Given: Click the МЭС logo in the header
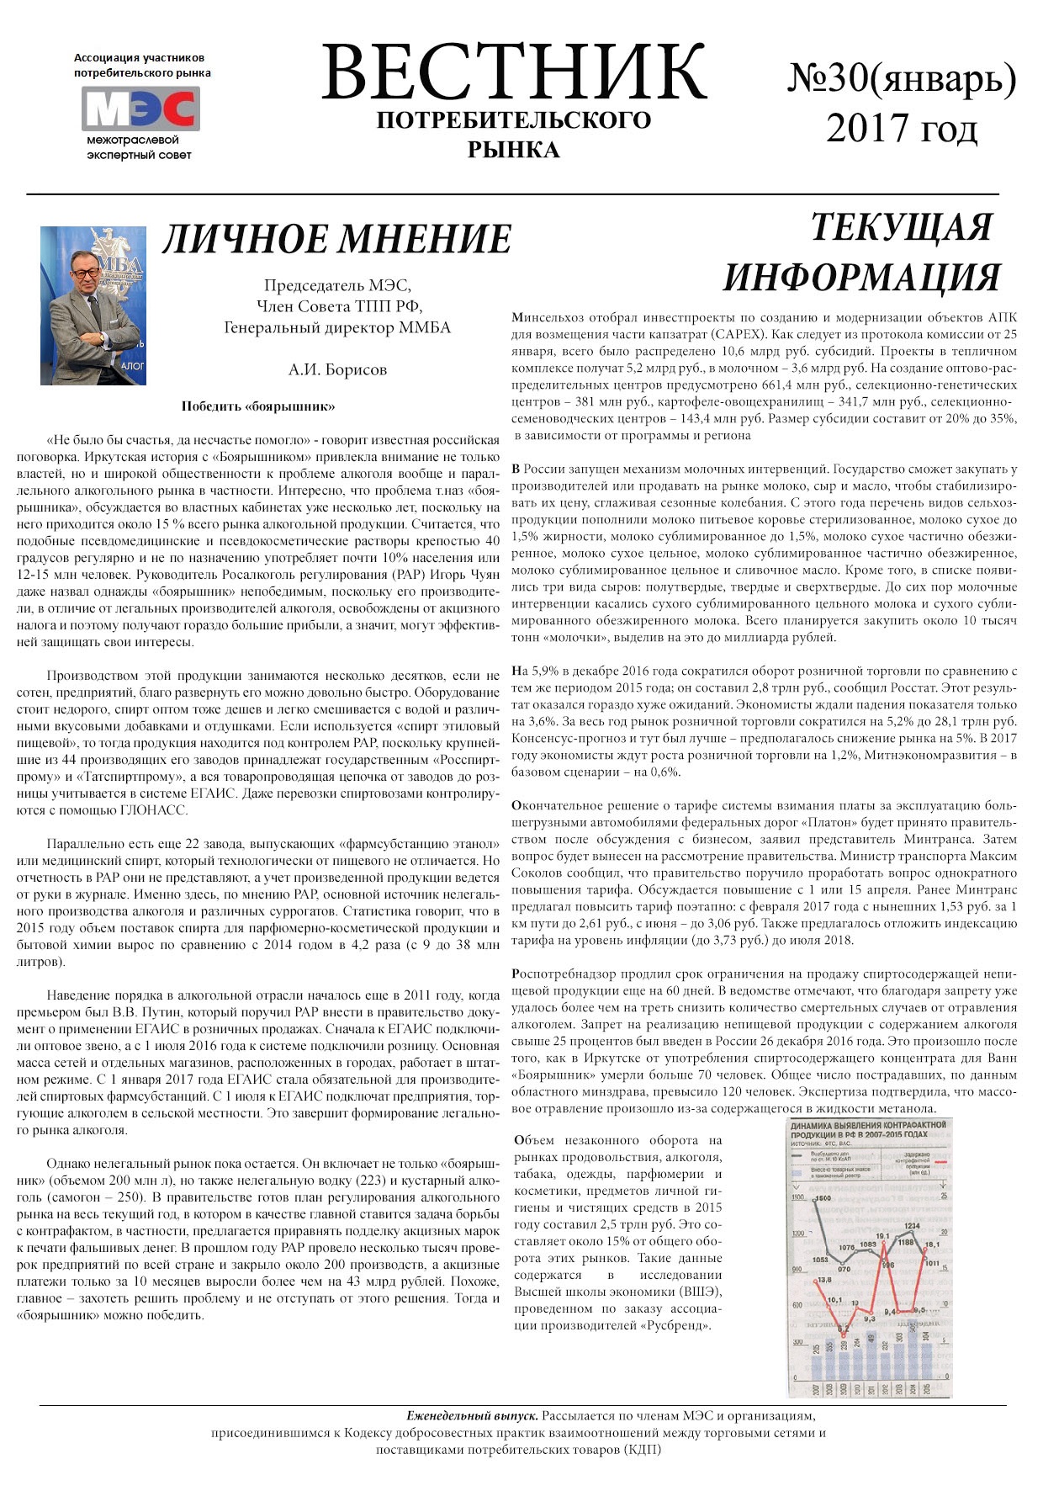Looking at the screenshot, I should click(x=140, y=109).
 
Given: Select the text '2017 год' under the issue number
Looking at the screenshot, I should click(x=901, y=129).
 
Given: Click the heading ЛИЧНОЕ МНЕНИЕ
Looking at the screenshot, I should click(x=336, y=239).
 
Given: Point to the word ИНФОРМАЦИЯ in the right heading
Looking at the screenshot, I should click(x=861, y=277).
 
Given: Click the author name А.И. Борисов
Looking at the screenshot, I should click(x=337, y=369).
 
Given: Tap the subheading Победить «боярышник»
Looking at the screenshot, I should click(x=258, y=406).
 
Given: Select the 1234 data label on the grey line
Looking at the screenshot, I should click(x=911, y=1226).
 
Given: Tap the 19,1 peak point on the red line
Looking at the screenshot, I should click(x=883, y=1237).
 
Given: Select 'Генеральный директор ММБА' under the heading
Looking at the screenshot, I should click(x=337, y=327).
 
